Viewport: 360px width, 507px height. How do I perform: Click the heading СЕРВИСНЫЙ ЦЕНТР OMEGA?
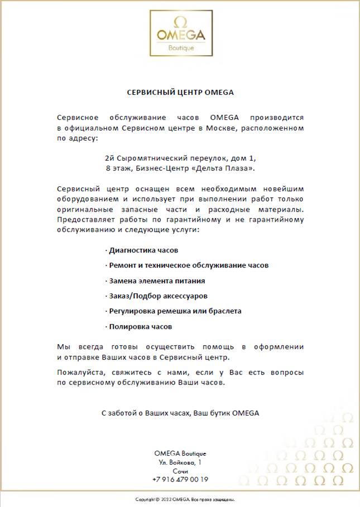pos(180,92)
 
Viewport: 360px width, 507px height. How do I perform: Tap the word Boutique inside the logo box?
pos(181,47)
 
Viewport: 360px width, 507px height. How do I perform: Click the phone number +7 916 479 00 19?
pos(180,479)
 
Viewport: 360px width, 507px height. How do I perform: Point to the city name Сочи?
pos(180,471)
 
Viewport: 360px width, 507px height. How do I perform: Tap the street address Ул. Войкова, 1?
pos(180,462)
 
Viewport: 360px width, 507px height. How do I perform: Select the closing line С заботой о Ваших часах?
pos(180,413)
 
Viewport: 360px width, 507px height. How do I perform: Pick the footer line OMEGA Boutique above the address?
pos(180,453)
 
